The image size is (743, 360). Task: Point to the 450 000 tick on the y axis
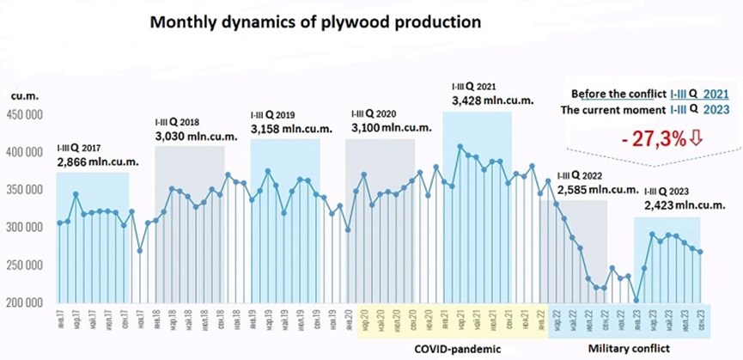pyautogui.click(x=25, y=114)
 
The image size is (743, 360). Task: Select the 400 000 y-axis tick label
pyautogui.click(x=25, y=152)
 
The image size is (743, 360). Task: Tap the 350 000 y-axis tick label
pyautogui.click(x=25, y=190)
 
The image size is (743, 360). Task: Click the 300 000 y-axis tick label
pyautogui.click(x=25, y=228)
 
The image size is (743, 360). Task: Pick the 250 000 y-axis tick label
pyautogui.click(x=25, y=265)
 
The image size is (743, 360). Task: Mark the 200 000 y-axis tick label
pyautogui.click(x=25, y=303)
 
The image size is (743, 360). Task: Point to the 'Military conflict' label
pyautogui.click(x=630, y=350)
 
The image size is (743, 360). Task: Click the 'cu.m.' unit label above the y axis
pyautogui.click(x=23, y=96)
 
